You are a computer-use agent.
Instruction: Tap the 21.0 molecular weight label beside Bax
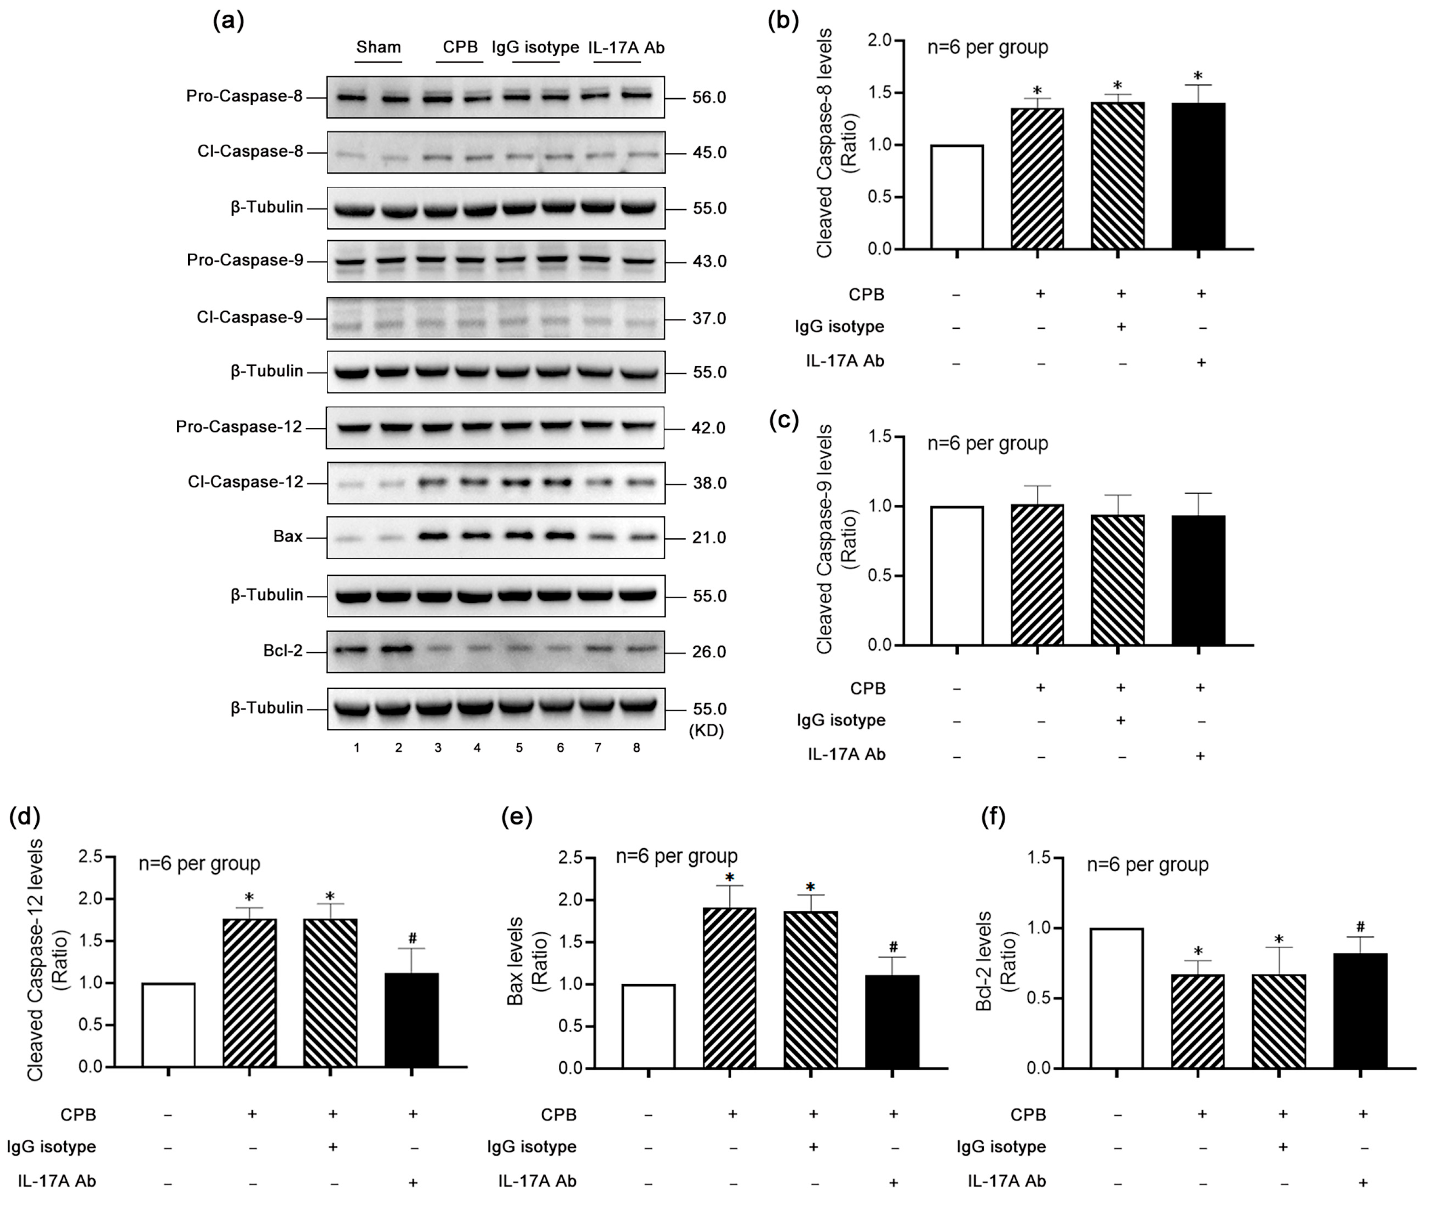tap(709, 538)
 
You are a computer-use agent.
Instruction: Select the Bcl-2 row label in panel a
tap(282, 650)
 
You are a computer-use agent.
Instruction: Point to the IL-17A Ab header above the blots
tap(626, 47)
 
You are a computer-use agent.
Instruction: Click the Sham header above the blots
tap(378, 47)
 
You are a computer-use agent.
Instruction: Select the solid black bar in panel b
tap(1198, 175)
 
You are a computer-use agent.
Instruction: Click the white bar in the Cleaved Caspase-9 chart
tap(957, 575)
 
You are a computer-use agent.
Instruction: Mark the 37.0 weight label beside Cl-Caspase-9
tap(709, 318)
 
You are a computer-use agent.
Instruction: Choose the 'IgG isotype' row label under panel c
tap(841, 720)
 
